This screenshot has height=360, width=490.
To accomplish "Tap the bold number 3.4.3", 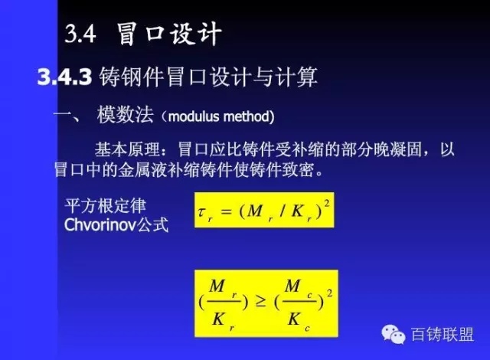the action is click(64, 77).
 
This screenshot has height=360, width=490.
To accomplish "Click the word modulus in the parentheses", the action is click(194, 116).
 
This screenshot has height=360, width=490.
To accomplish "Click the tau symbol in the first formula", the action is click(202, 211).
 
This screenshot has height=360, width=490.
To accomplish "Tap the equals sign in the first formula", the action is click(227, 211).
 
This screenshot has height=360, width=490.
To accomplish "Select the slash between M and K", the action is click(283, 211).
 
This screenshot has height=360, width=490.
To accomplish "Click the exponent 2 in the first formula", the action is click(327, 204).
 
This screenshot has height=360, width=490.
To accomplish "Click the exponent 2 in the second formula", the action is click(329, 293).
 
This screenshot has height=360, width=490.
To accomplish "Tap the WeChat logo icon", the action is click(394, 334).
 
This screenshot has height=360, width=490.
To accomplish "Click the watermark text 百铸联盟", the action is click(443, 335).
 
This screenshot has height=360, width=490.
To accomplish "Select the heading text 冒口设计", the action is click(169, 34).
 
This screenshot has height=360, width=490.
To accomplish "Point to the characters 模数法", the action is click(125, 115).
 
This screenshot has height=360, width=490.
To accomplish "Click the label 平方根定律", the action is click(106, 206).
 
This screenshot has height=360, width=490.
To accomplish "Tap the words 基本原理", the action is click(128, 149).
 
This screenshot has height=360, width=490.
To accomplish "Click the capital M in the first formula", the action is click(255, 211).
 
